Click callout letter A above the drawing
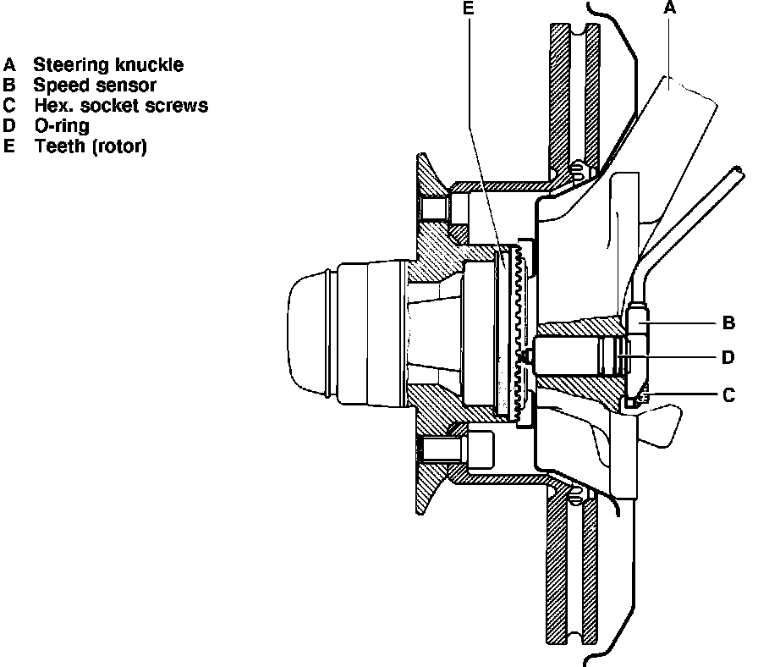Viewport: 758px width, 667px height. point(670,8)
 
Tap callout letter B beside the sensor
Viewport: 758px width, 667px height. point(728,322)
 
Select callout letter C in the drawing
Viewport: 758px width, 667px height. point(728,393)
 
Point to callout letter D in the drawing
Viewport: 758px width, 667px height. point(728,357)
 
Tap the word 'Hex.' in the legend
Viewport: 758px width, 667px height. point(52,105)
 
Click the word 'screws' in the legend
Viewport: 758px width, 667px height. point(182,105)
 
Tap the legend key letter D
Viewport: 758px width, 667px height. point(9,126)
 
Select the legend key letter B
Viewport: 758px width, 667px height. point(9,85)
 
